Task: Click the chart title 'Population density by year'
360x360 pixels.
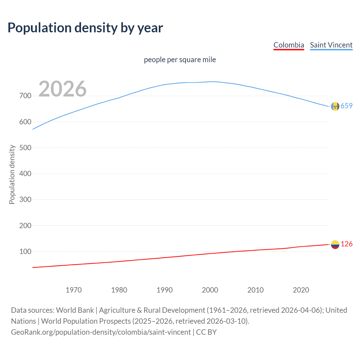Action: (85, 28)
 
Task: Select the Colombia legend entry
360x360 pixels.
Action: (289, 45)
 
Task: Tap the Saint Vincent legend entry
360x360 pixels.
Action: (331, 45)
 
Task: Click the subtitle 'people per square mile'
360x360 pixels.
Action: (180, 60)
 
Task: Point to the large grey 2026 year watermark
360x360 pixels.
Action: (62, 89)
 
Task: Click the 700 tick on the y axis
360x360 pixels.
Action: (25, 96)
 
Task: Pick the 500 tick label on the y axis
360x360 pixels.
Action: (25, 148)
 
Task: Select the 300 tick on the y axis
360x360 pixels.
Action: (25, 200)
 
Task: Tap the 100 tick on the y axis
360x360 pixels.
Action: (25, 251)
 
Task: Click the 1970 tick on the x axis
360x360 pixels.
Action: (74, 290)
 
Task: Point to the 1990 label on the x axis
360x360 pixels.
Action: (165, 290)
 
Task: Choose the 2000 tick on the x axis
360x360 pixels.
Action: (210, 290)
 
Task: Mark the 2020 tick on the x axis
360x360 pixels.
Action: (301, 290)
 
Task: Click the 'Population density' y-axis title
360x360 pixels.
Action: (12, 174)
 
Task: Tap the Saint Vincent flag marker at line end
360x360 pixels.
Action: (335, 106)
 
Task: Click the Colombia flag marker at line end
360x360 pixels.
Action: (335, 244)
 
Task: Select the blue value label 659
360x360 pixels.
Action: (346, 106)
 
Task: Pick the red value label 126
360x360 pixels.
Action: (346, 244)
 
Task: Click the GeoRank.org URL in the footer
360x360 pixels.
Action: (101, 332)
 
